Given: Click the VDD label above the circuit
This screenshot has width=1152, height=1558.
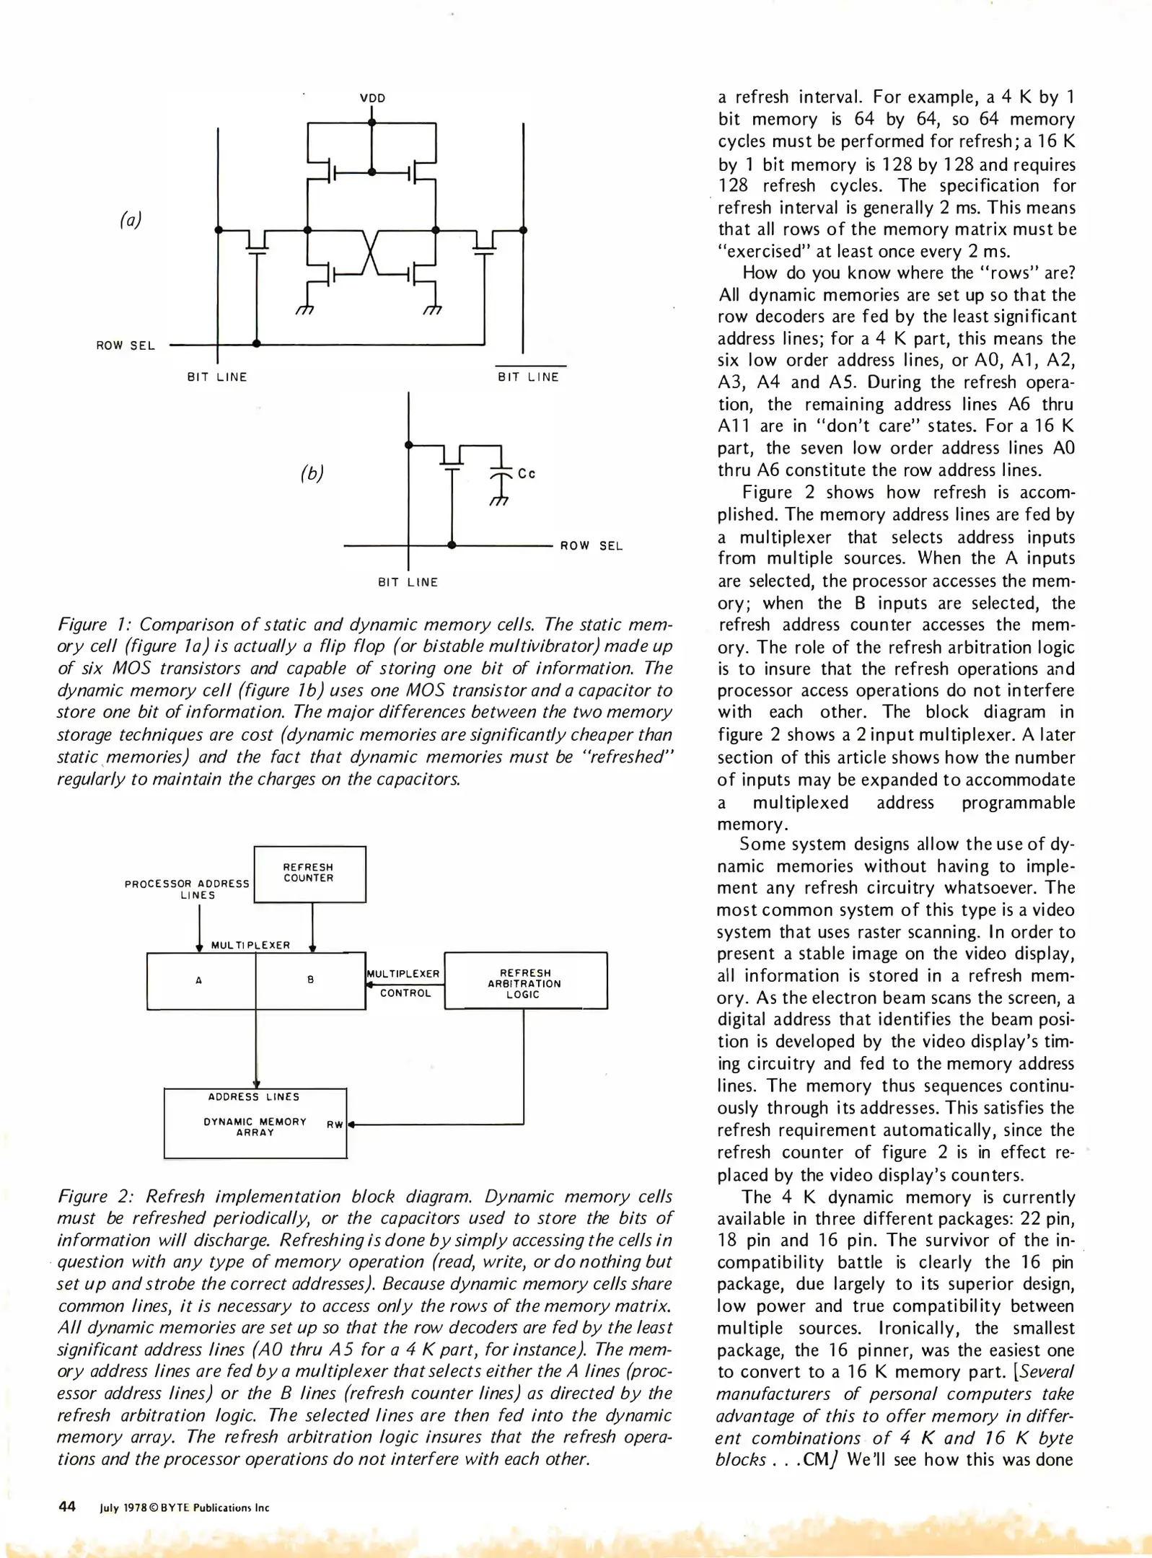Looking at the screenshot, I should click(372, 98).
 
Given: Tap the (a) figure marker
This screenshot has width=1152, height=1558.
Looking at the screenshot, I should click(131, 219).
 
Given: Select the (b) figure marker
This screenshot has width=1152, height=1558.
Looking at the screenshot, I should click(312, 473).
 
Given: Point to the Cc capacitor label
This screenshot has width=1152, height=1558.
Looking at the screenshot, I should click(527, 474).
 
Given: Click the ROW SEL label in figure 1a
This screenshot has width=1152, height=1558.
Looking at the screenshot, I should click(126, 346).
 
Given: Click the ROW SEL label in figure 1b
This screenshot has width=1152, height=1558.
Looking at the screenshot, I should click(591, 546).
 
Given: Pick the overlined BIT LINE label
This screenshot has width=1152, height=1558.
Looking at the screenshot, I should click(529, 377).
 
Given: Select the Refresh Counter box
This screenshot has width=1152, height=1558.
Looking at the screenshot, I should click(309, 873).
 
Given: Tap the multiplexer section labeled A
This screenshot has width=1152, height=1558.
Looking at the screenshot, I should click(199, 980).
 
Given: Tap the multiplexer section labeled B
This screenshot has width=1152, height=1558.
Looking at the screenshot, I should click(310, 980).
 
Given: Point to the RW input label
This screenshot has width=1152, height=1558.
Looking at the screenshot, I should click(335, 1125).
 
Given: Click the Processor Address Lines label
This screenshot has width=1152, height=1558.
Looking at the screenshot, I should click(188, 889).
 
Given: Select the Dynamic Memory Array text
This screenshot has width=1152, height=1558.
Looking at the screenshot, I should click(255, 1127).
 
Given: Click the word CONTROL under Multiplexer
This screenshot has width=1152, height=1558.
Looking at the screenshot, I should click(405, 993).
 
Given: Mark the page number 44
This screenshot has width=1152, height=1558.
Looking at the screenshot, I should click(67, 1506).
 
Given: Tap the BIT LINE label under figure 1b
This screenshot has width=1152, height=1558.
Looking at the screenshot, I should click(408, 582).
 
